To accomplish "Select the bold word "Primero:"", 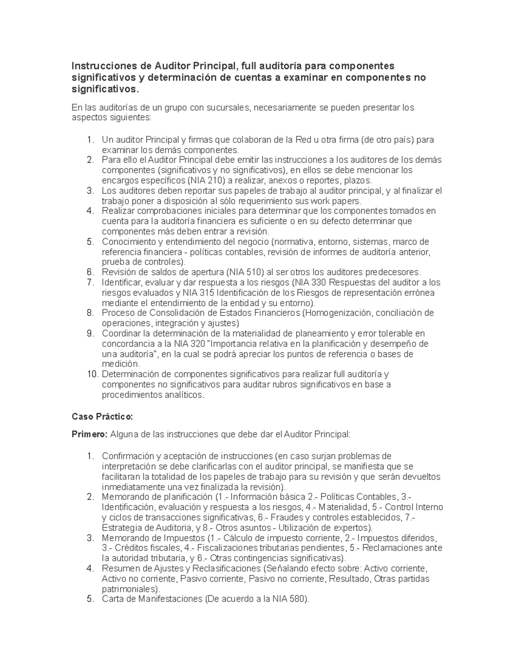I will click(89, 434).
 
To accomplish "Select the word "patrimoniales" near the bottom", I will click(129, 588).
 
